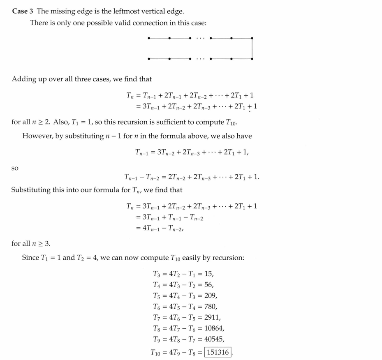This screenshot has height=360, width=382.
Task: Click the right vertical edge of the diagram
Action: [x=252, y=48]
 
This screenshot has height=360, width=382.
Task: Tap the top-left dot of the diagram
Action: [x=148, y=38]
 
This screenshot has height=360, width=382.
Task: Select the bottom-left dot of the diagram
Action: [x=148, y=59]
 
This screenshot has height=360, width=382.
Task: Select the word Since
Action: [x=31, y=258]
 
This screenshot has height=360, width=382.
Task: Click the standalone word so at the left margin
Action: [x=15, y=168]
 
